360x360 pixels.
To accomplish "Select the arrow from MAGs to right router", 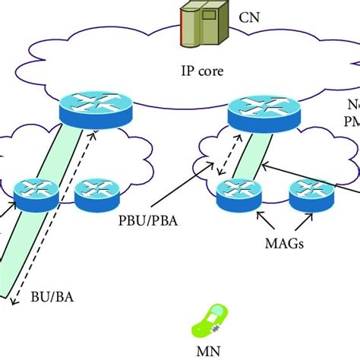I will pos(303,223).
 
